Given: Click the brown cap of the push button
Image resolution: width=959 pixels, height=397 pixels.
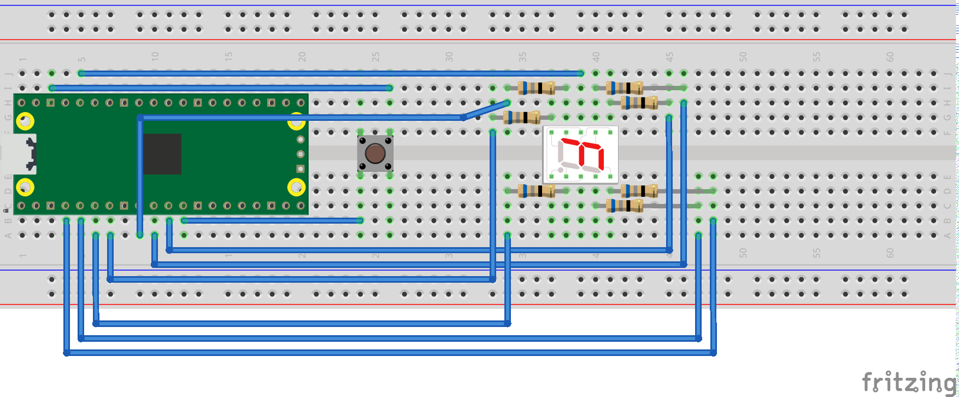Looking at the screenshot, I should tap(375, 153).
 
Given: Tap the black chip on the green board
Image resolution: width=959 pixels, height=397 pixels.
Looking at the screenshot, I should tap(162, 154).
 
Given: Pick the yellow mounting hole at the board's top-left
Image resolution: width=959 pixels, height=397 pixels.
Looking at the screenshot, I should tap(25, 121).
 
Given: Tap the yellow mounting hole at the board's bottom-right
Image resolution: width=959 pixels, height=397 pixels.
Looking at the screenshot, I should tap(296, 188).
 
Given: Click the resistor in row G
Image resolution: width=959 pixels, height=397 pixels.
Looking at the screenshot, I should tap(522, 117).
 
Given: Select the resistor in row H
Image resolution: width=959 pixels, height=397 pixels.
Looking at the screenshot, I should tap(639, 102).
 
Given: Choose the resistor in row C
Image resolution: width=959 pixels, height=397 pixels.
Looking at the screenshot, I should tap(625, 206).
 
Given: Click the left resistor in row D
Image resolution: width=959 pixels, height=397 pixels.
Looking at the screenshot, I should tap(537, 191).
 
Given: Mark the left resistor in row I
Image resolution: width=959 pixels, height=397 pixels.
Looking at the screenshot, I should tap(537, 87).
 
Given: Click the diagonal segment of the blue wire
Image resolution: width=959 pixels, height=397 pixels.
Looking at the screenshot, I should tap(486, 110).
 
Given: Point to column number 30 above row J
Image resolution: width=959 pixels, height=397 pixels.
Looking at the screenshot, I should tap(449, 56).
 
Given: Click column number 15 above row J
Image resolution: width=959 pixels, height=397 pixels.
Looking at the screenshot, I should tap(228, 56).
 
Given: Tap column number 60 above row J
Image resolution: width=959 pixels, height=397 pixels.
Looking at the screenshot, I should tap(890, 56).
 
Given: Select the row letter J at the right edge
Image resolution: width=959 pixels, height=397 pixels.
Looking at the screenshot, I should tap(948, 73).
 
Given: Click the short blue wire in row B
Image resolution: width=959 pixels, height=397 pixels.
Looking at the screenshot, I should tap(272, 220).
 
